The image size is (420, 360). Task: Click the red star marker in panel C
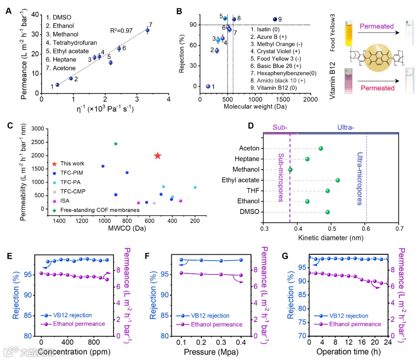pyautogui.click(x=157, y=156)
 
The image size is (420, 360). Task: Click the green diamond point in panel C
pyautogui.click(x=115, y=144)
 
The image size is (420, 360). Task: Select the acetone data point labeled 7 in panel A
pyautogui.click(x=147, y=30)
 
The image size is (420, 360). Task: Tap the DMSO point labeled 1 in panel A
pyautogui.click(x=58, y=84)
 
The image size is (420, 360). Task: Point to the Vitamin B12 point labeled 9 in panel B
pyautogui.click(x=275, y=19)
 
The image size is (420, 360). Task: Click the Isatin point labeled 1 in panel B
pyautogui.click(x=208, y=86)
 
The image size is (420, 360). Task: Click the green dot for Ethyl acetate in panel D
pyautogui.click(x=338, y=180)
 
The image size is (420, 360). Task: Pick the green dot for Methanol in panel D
pyautogui.click(x=290, y=170)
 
